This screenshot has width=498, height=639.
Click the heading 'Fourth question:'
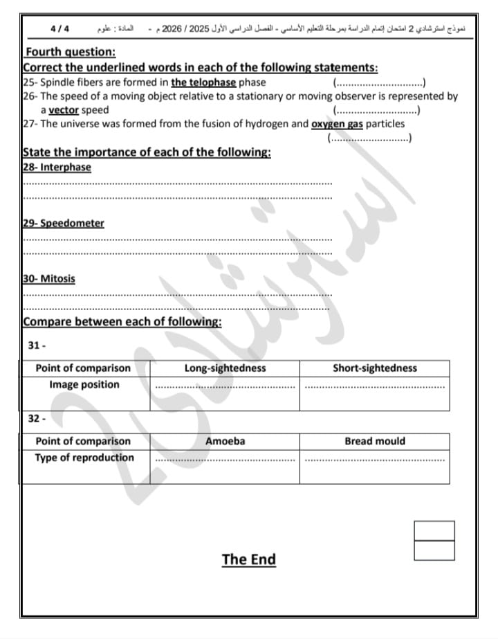tap(70, 52)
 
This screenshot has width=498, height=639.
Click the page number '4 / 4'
tap(60, 30)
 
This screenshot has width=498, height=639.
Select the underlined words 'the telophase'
tap(203, 82)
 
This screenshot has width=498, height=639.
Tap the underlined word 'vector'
tap(64, 110)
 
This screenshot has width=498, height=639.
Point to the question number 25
tap(28, 82)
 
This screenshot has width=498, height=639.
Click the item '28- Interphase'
tap(57, 167)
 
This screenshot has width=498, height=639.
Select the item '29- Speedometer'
tap(64, 223)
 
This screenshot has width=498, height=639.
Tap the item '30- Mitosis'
tap(49, 278)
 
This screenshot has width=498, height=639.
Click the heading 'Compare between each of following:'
tap(122, 322)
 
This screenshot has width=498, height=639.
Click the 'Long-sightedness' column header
tap(225, 368)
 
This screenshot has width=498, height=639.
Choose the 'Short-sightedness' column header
tap(375, 368)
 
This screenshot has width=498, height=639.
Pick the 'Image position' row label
tap(84, 385)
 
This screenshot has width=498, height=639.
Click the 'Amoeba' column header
tap(225, 441)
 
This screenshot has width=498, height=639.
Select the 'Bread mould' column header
tap(375, 441)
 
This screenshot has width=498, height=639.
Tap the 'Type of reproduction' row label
tap(84, 458)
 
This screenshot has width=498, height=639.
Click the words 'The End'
tap(248, 559)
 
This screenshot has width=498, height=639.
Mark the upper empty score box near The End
tap(434, 530)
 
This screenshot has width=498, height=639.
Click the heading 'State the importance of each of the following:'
tap(147, 152)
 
